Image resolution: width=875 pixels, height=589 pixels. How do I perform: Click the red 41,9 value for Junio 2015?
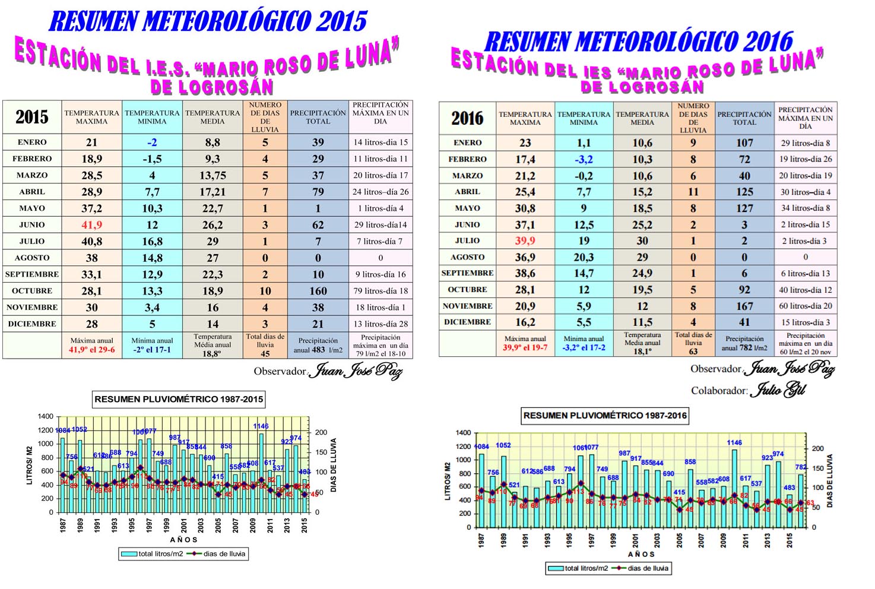pyautogui.click(x=91, y=225)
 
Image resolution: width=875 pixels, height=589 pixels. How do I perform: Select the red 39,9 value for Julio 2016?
pyautogui.click(x=525, y=240)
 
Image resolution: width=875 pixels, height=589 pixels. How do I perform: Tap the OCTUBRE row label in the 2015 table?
pyautogui.click(x=32, y=291)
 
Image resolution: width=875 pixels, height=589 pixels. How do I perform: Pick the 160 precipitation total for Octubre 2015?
pyautogui.click(x=318, y=291)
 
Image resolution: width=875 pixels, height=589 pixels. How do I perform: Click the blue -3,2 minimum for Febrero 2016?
pyautogui.click(x=584, y=159)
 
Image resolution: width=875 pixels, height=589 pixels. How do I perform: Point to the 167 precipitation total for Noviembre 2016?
pyautogui.click(x=744, y=306)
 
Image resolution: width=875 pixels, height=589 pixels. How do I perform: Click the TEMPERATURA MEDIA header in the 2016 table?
pyautogui.click(x=642, y=118)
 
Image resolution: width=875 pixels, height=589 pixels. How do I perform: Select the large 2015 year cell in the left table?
pyautogui.click(x=32, y=117)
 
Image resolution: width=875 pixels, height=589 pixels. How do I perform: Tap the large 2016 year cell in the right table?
pyautogui.click(x=467, y=118)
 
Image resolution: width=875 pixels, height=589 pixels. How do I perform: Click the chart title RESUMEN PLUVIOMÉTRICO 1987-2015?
pyautogui.click(x=179, y=399)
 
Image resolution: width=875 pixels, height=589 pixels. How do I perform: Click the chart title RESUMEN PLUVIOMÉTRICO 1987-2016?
pyautogui.click(x=605, y=416)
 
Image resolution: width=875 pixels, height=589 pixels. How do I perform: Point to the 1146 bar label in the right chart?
pyautogui.click(x=734, y=442)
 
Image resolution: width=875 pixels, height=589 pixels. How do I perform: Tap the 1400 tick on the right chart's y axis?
pyautogui.click(x=463, y=433)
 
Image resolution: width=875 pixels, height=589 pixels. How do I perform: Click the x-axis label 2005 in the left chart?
pyautogui.click(x=218, y=526)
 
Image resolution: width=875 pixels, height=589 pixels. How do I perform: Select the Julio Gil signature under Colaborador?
pyautogui.click(x=778, y=389)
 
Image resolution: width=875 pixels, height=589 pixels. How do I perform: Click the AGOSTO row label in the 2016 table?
pyautogui.click(x=467, y=257)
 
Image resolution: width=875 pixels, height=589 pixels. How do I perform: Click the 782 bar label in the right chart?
pyautogui.click(x=801, y=467)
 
